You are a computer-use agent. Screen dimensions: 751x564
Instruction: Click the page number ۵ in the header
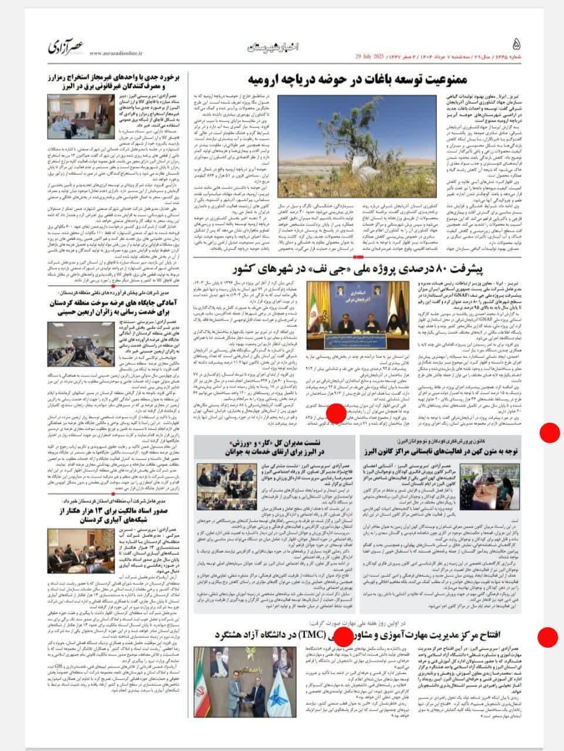(x=515, y=45)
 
